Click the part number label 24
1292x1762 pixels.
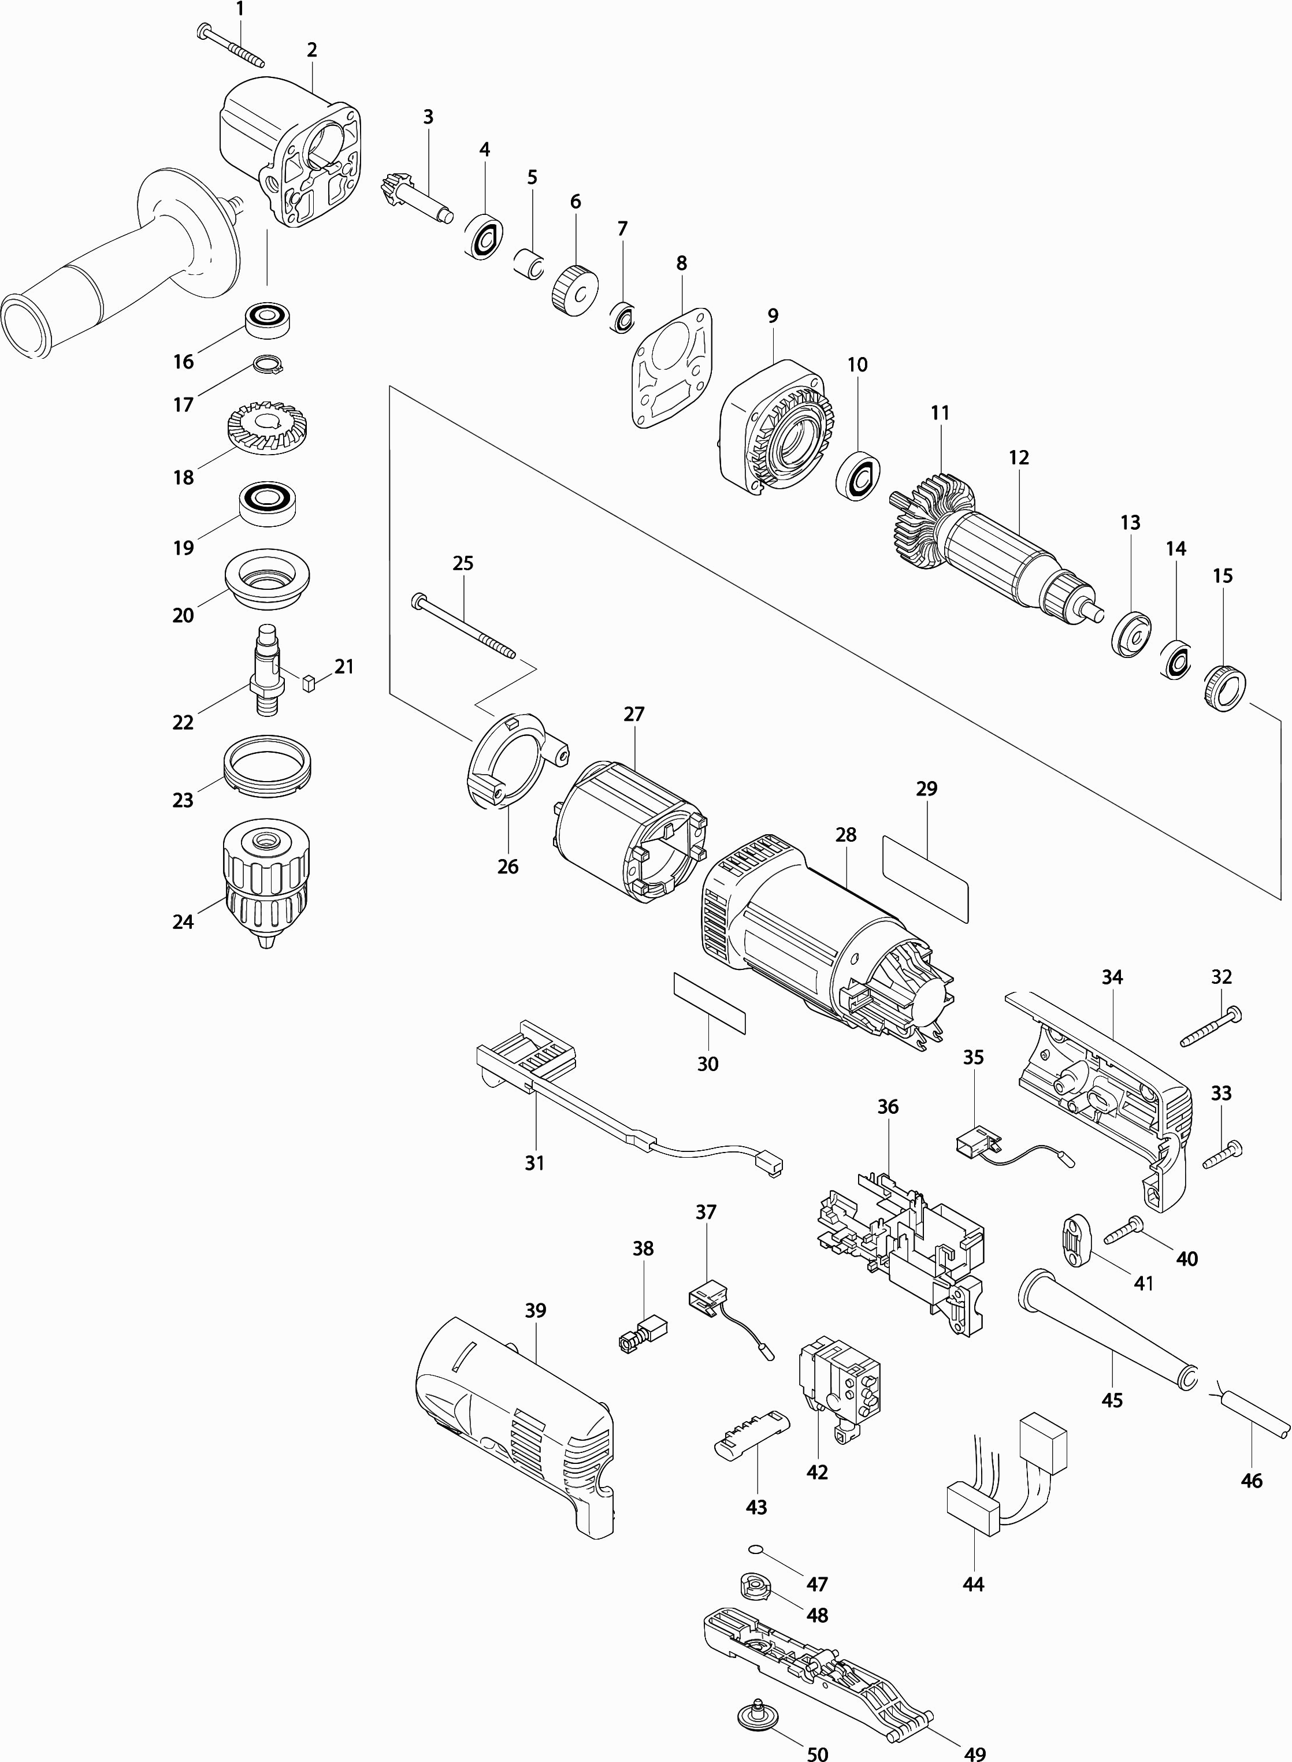[x=183, y=923]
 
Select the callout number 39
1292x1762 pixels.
[x=535, y=1310]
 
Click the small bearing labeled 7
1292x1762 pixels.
[x=623, y=317]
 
